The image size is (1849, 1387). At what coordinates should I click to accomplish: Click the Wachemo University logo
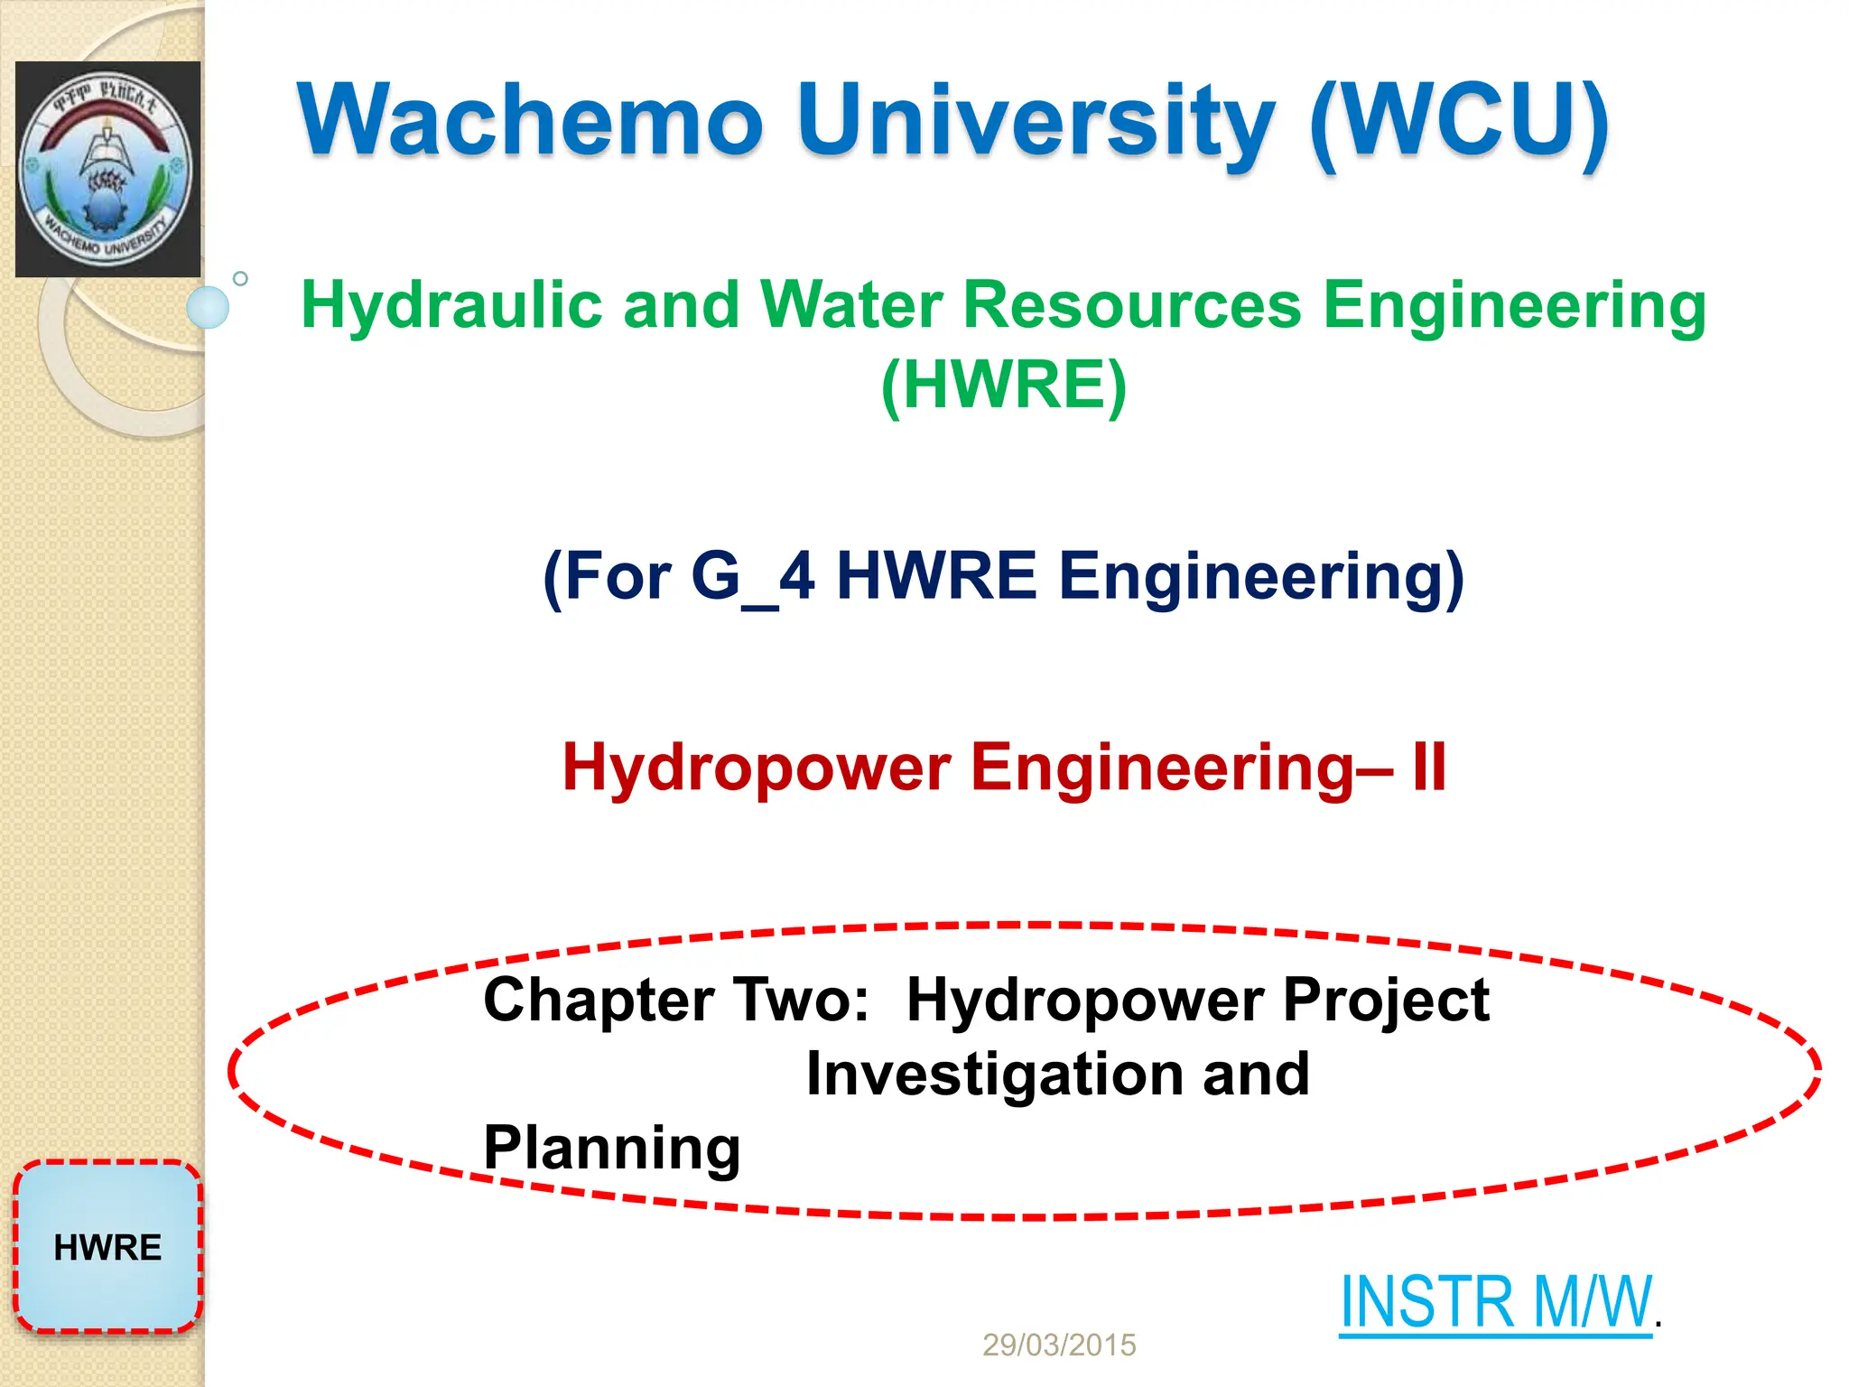click(x=107, y=169)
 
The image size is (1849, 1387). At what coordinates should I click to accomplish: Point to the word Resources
click(x=1132, y=305)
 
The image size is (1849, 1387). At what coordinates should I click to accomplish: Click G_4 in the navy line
click(x=752, y=576)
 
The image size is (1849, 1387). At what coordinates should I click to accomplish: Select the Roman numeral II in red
click(x=1428, y=767)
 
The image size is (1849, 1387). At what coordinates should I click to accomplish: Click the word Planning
click(x=612, y=1149)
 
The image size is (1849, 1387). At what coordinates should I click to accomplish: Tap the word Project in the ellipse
click(x=1385, y=1001)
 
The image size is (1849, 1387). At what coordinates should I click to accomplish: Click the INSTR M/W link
click(x=1495, y=1303)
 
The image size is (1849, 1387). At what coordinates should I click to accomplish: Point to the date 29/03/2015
click(x=1058, y=1345)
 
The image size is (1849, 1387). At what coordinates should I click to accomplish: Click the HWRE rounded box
click(x=107, y=1247)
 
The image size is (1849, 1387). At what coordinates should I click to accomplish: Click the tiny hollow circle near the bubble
click(x=240, y=279)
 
